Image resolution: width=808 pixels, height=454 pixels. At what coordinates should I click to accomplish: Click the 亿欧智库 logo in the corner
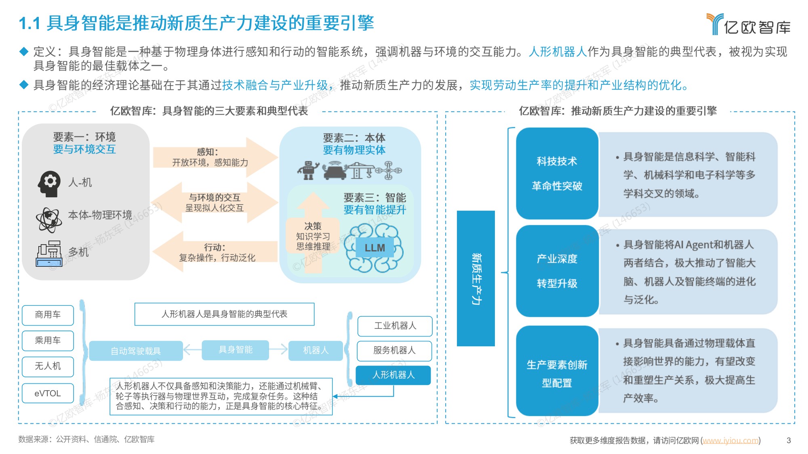[749, 25]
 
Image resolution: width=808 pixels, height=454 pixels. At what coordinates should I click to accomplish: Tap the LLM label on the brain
[375, 248]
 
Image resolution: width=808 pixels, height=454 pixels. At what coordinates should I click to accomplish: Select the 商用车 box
[48, 315]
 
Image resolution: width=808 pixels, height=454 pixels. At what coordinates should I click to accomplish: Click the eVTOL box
[48, 393]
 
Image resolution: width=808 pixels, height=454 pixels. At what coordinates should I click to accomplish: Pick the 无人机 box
[48, 366]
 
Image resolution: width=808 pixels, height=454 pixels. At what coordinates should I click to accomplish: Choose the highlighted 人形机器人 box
[393, 375]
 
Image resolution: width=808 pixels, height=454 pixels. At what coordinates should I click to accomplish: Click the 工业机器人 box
[395, 326]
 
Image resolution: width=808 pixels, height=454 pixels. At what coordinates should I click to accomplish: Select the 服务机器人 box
[394, 350]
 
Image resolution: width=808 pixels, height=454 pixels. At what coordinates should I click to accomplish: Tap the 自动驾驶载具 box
[136, 351]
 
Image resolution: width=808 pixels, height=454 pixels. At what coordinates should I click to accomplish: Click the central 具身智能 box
[235, 350]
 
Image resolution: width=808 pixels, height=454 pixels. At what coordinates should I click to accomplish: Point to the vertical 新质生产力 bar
[476, 278]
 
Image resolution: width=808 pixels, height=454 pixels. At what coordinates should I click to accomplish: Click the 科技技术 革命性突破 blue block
[557, 174]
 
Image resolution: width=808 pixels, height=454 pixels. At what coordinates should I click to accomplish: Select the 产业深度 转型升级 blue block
[557, 271]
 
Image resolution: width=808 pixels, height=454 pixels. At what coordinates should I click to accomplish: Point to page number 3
[789, 440]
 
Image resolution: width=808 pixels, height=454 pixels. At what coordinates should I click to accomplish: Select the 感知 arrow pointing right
[214, 157]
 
